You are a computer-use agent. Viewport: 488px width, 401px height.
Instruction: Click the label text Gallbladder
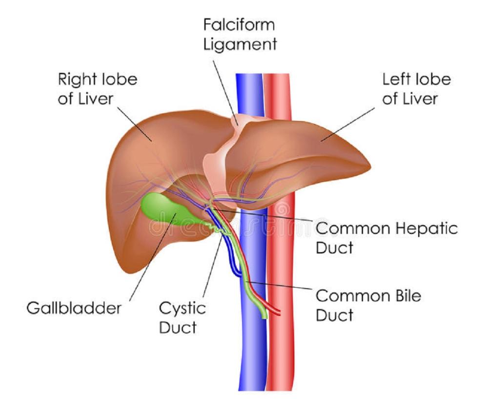74,309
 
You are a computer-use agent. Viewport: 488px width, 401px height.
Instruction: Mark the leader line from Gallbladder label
151,259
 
